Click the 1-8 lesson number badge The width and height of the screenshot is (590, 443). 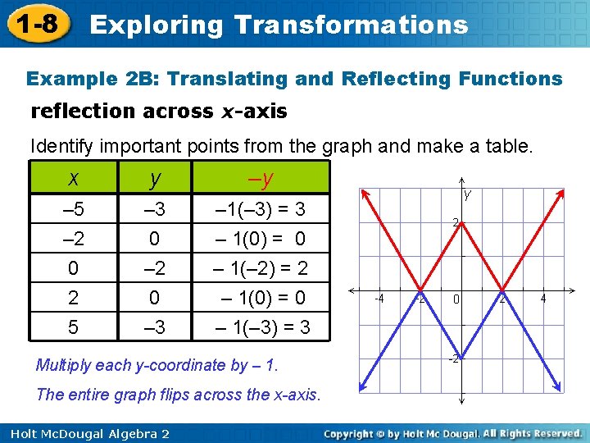(36, 23)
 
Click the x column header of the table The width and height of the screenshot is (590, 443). (74, 178)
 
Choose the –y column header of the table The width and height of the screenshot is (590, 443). (261, 178)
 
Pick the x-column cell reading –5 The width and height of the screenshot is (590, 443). (74, 210)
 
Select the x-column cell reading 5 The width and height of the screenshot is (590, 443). (74, 327)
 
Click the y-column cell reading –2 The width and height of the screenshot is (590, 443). (155, 268)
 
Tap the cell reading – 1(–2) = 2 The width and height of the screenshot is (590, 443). (261, 268)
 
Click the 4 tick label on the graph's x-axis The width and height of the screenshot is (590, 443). (542, 299)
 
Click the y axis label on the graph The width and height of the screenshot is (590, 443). (468, 195)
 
